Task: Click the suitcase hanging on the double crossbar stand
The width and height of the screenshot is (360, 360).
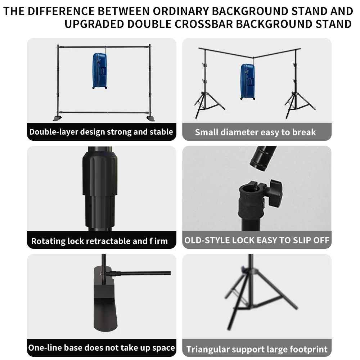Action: (x=100, y=71)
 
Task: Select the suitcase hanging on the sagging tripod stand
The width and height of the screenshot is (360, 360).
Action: (x=248, y=81)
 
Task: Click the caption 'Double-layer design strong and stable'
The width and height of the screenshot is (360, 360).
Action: (x=101, y=132)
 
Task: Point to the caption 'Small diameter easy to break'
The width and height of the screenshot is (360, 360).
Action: (x=255, y=132)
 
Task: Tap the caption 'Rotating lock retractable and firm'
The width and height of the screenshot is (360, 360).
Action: (x=99, y=241)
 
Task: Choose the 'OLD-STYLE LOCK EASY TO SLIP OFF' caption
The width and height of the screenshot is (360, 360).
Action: (x=257, y=240)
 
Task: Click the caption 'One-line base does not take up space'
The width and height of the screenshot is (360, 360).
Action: (x=102, y=348)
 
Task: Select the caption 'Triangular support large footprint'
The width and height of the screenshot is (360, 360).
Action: (x=257, y=349)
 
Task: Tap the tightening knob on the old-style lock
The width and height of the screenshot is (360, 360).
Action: (x=274, y=193)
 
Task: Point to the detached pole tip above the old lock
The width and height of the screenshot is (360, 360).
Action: (x=262, y=157)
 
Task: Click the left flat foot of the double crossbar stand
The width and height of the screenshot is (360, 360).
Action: (x=58, y=118)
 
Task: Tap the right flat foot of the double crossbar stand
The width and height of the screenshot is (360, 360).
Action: (x=150, y=118)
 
